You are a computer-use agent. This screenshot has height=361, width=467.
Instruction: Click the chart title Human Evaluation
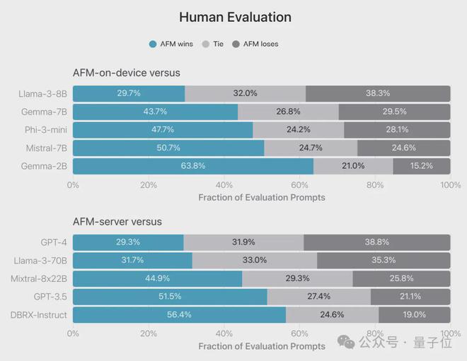tap(235, 17)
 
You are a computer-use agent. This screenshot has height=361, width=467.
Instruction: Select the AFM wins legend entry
tap(171, 44)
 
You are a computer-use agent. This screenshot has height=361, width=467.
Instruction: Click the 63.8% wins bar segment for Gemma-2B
tap(193, 166)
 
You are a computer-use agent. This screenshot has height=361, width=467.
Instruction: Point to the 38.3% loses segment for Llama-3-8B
tap(379, 93)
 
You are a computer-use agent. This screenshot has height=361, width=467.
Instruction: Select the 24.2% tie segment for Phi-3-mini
tap(299, 130)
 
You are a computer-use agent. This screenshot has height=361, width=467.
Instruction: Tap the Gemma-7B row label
tap(45, 112)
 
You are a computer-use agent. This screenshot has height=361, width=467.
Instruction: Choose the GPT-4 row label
tap(54, 242)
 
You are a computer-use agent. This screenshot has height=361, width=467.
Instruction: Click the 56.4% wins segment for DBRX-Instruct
tap(179, 314)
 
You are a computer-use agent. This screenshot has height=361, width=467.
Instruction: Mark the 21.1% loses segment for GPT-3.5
tap(410, 297)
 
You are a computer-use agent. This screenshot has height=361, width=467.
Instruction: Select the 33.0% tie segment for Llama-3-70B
tap(254, 261)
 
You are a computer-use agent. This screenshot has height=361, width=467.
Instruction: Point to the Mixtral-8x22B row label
tap(40, 278)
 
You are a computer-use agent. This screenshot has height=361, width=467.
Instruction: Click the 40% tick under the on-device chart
tap(224, 185)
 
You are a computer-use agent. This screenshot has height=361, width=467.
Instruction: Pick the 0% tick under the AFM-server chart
tap(73, 333)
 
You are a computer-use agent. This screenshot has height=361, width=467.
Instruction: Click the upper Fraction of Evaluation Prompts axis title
tap(262, 197)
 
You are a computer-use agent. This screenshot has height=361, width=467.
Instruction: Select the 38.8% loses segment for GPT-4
tap(377, 242)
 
